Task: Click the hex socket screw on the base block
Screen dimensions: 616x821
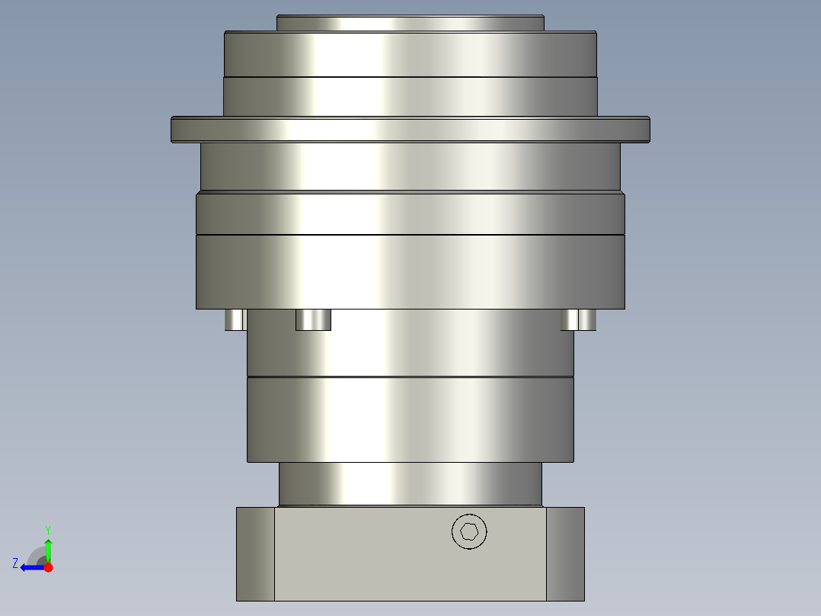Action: (x=469, y=531)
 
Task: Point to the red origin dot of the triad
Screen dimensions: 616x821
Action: (x=48, y=567)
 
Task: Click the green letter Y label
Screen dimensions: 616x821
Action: (x=48, y=529)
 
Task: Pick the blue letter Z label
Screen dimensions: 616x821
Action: (x=15, y=563)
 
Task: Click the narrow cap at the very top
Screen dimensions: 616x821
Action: (x=410, y=23)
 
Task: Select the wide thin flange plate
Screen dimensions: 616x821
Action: (x=410, y=130)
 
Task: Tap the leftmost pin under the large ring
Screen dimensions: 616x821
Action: (x=235, y=319)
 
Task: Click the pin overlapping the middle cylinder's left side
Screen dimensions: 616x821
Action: (x=313, y=319)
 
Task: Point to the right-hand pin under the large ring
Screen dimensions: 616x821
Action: (x=578, y=319)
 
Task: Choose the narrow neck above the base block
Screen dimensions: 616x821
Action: (x=410, y=484)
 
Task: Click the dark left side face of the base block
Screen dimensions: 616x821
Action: (x=255, y=553)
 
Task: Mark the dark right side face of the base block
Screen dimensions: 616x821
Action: (x=565, y=553)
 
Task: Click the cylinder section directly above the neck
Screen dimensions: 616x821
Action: (x=410, y=419)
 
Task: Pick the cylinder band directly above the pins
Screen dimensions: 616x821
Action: (x=410, y=271)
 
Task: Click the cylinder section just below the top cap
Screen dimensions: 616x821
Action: (x=410, y=54)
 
